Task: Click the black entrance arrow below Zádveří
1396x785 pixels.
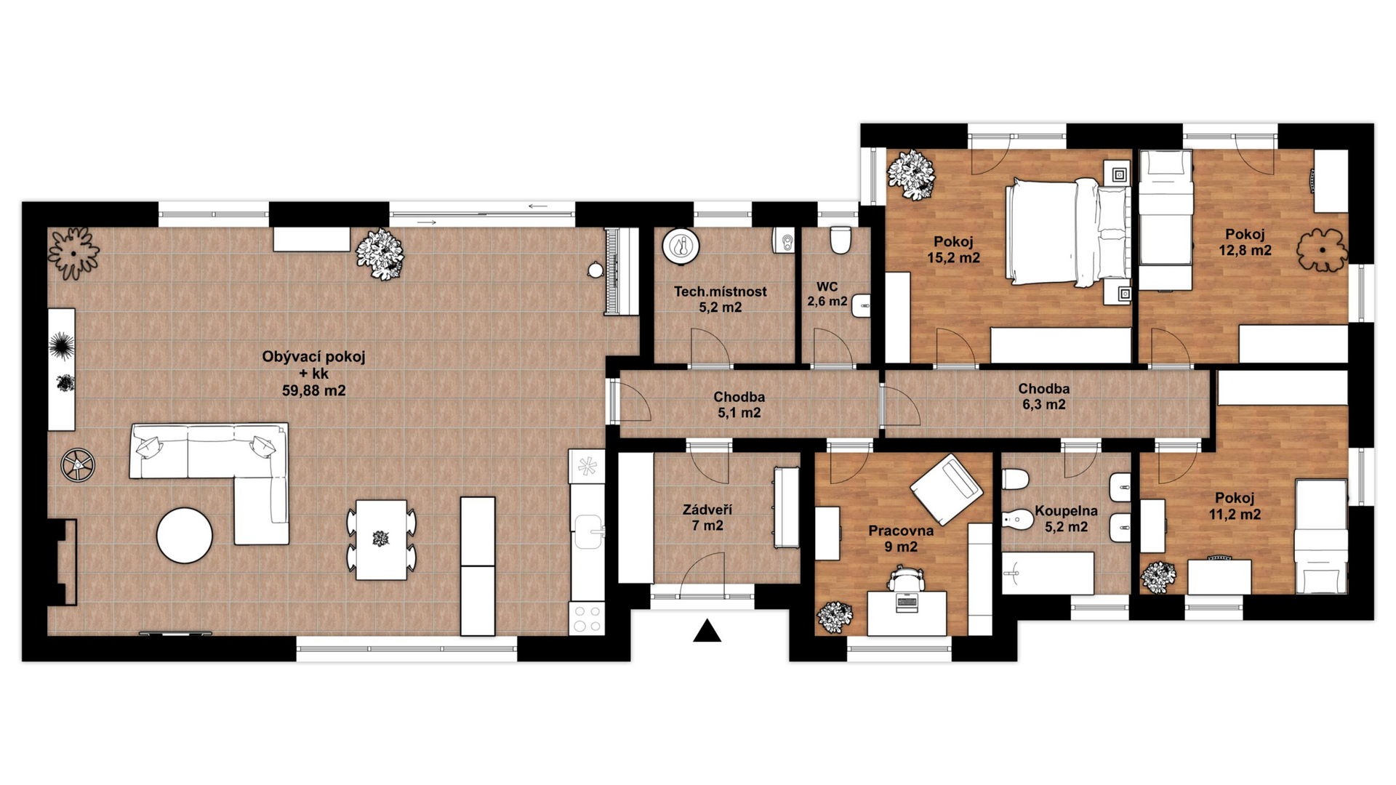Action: (707, 632)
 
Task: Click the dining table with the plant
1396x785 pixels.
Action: (381, 539)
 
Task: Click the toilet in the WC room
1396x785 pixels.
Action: (841, 239)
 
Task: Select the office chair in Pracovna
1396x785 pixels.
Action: (906, 579)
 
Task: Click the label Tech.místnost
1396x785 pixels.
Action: (720, 291)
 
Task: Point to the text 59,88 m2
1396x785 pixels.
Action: (313, 390)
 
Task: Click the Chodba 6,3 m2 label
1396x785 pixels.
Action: (1043, 396)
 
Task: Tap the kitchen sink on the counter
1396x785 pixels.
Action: (587, 531)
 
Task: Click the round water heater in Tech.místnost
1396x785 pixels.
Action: (681, 246)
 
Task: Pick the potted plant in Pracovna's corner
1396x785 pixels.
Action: (835, 616)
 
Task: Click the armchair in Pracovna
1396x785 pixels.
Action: (945, 488)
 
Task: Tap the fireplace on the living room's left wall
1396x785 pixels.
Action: (64, 561)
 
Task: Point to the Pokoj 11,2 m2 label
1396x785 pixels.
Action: (1235, 506)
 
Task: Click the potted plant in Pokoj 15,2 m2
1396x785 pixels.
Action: (910, 173)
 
